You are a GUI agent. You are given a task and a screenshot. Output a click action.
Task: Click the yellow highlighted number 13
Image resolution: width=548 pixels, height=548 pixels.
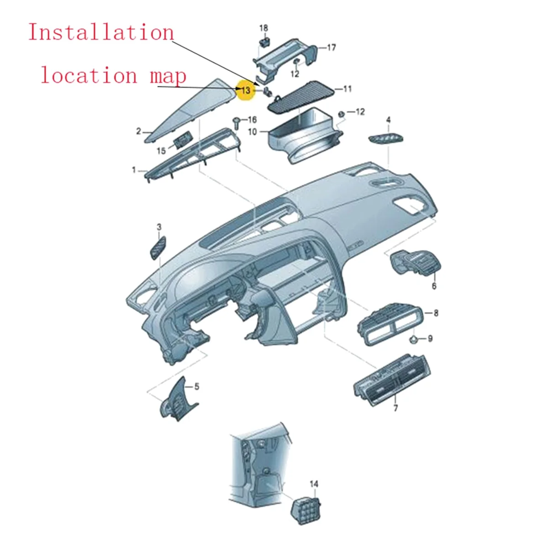[x=246, y=90]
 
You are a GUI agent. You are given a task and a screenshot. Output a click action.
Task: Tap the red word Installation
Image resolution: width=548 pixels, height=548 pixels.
[x=101, y=33]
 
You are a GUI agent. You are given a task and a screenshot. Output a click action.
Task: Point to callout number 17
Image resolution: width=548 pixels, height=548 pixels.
[x=331, y=47]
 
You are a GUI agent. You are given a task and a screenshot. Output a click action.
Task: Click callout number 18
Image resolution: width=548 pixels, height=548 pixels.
[x=264, y=29]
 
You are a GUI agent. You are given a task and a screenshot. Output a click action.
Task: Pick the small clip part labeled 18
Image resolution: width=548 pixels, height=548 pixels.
[x=264, y=42]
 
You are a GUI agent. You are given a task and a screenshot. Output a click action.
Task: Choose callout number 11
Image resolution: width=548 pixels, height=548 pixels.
[x=348, y=89]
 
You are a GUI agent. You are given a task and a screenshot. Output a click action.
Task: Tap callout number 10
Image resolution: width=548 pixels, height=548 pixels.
[x=253, y=132]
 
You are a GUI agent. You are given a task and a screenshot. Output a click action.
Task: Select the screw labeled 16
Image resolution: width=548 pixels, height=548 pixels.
[x=237, y=122]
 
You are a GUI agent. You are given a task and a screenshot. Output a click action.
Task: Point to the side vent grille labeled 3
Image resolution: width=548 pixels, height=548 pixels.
[x=158, y=248]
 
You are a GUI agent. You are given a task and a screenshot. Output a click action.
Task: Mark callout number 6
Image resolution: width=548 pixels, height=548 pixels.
[x=434, y=286]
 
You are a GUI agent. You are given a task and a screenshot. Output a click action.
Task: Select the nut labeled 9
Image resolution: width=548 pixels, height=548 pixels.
[x=412, y=339]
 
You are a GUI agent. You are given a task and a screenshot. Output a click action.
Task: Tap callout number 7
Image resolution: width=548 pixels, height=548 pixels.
[x=395, y=408]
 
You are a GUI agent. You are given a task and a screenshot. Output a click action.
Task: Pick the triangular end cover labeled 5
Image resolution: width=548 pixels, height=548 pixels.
[x=180, y=400]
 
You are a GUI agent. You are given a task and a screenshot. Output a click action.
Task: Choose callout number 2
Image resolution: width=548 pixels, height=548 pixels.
[x=138, y=132]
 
